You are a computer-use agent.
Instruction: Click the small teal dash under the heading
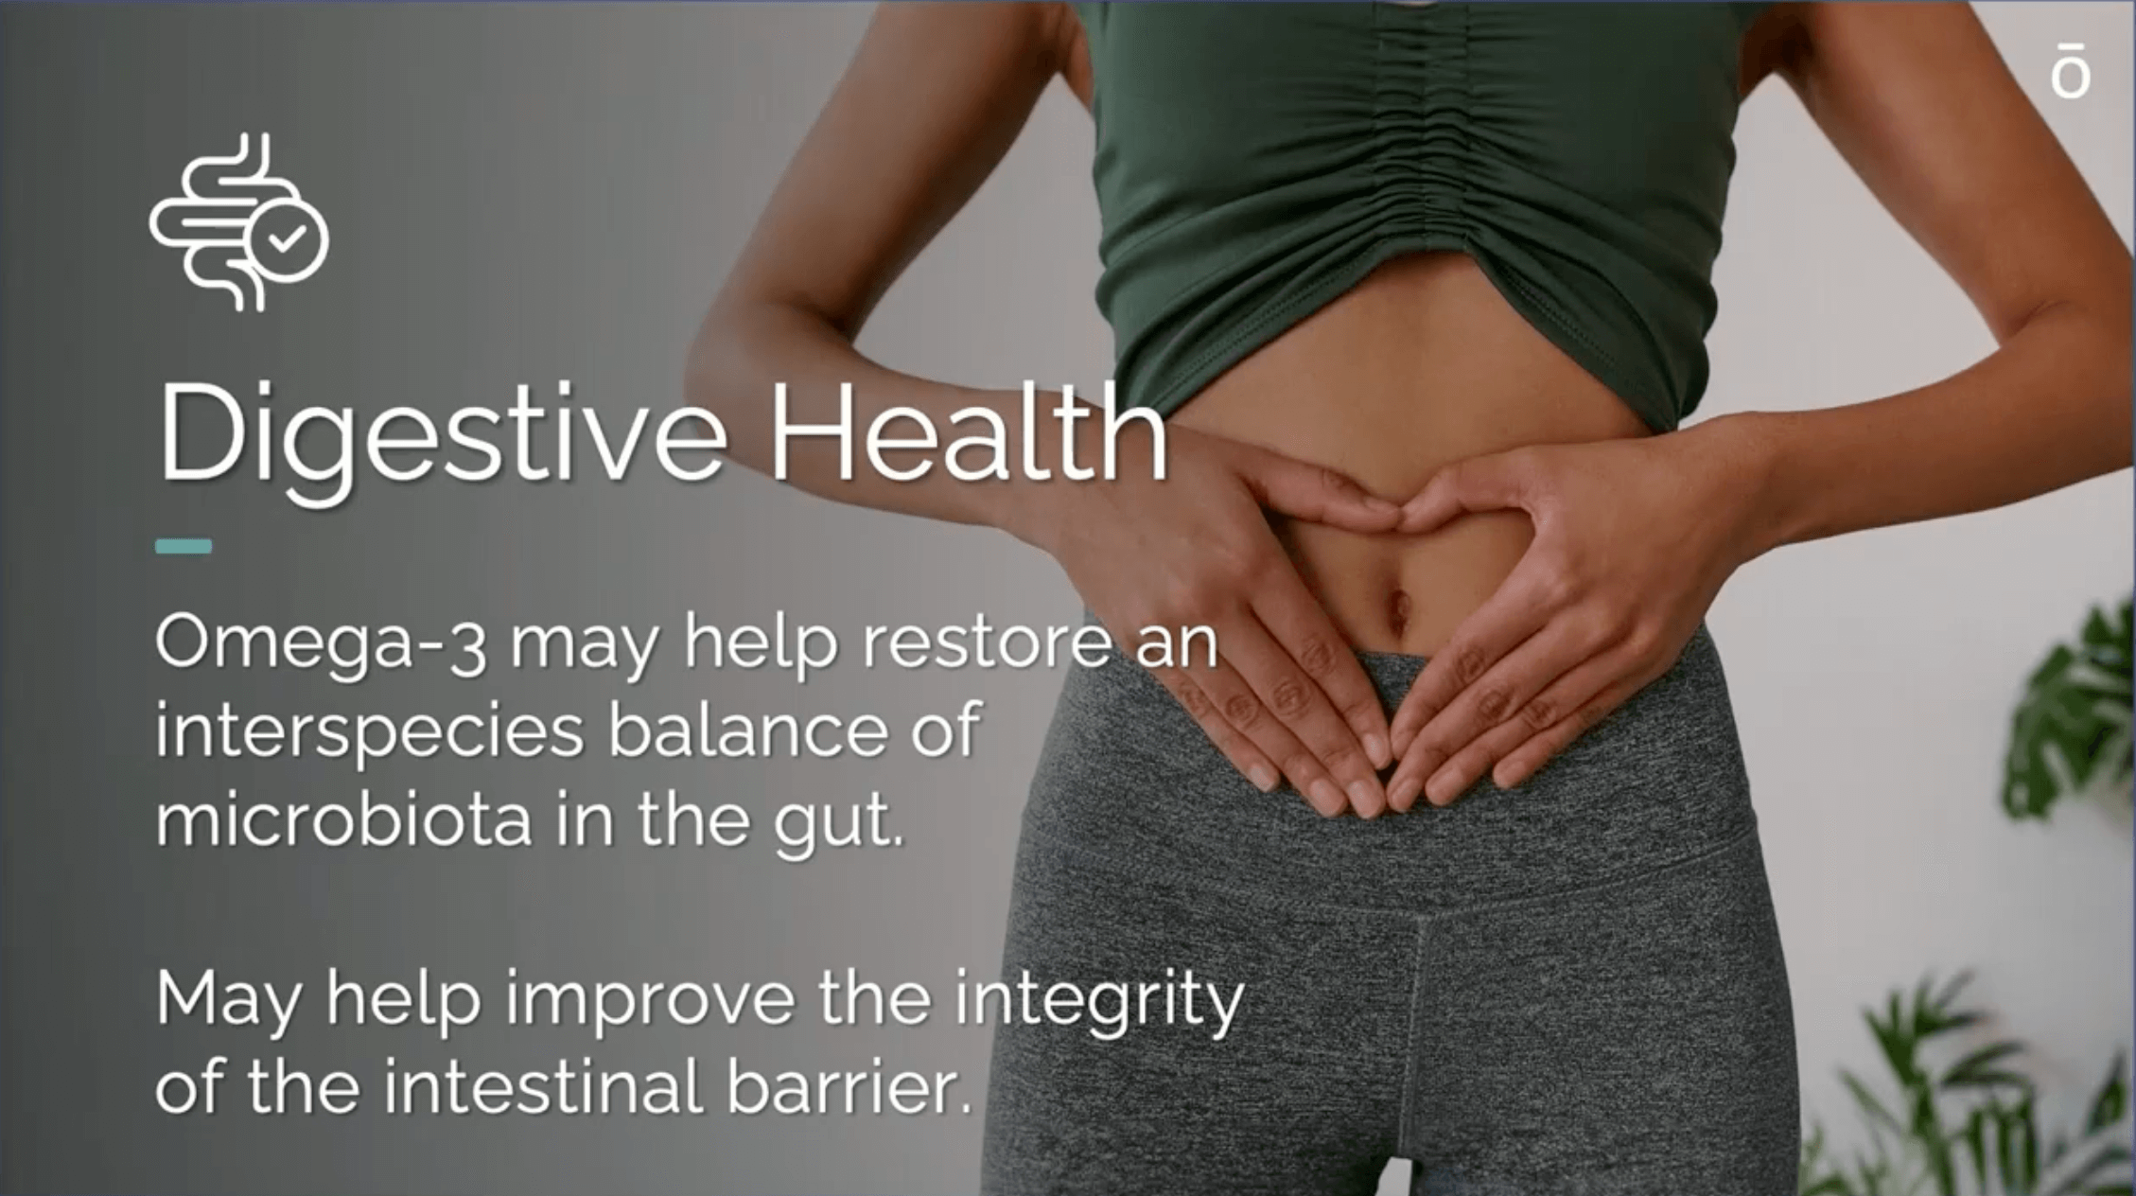(x=184, y=546)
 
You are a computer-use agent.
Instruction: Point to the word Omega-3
(x=321, y=642)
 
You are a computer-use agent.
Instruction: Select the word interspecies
(x=370, y=732)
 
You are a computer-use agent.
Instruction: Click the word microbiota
(x=344, y=818)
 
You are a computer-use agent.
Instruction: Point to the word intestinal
(x=544, y=1087)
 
